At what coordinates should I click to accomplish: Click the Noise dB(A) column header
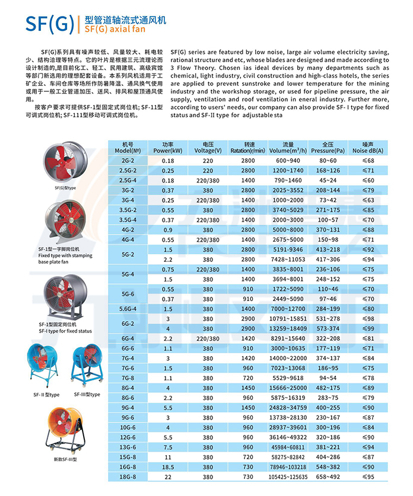coord(373,148)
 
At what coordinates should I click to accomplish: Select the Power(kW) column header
coord(168,148)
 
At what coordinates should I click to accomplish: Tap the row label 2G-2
coord(128,161)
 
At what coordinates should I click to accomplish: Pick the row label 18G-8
coord(128,476)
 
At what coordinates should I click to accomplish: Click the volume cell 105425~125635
coord(288,476)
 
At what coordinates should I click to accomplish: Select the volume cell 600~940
coord(288,161)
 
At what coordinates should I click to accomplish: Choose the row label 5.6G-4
coord(128,309)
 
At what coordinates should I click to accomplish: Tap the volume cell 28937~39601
coord(288,427)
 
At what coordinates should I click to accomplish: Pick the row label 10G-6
coord(128,427)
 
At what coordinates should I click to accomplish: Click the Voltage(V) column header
coord(208,148)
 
